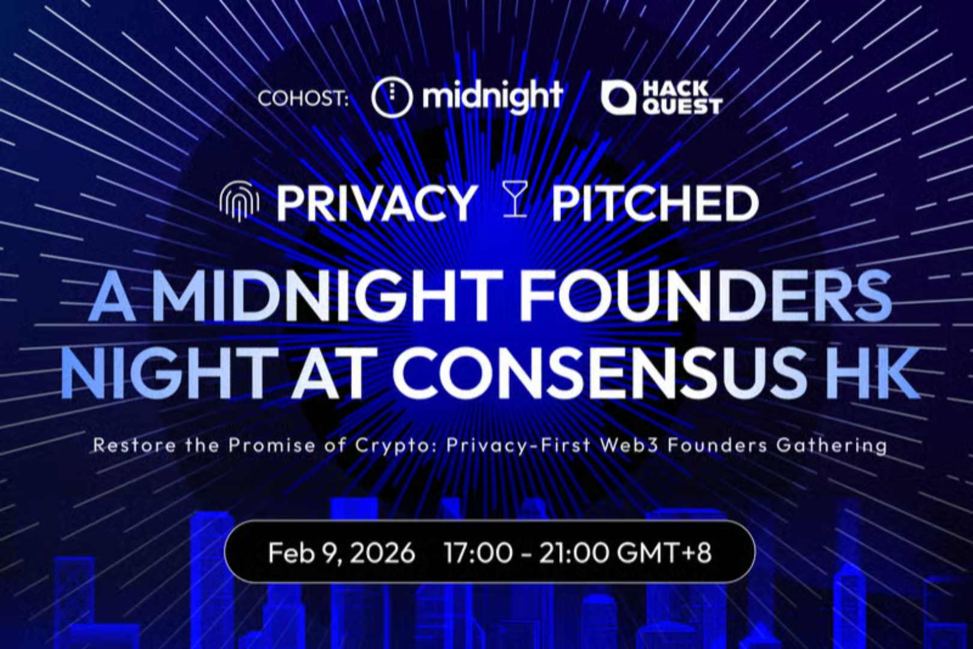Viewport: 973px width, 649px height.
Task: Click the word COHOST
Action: click(302, 98)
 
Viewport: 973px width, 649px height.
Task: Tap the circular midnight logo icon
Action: click(392, 97)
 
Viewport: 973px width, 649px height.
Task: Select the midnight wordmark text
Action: click(492, 96)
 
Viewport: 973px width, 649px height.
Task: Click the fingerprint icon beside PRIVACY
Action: click(239, 203)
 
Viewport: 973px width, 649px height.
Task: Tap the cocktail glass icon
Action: click(514, 201)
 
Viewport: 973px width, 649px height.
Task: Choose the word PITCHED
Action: click(655, 203)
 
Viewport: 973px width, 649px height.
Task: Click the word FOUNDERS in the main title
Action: click(706, 296)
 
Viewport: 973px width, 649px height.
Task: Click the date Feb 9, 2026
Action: click(341, 552)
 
